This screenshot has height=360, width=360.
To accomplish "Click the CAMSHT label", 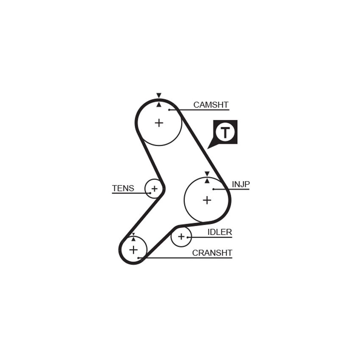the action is (x=211, y=105).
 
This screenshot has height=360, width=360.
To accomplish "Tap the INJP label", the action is (x=241, y=184).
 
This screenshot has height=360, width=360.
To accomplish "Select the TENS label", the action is (x=123, y=188).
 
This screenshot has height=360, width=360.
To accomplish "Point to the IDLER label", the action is (x=220, y=232).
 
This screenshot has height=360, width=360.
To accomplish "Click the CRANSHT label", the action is (x=212, y=253).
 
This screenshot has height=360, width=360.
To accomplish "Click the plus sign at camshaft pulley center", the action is (x=159, y=123).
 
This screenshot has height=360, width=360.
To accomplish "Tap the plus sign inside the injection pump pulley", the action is (x=207, y=200).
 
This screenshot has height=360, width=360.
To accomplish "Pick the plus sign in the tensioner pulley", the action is (x=154, y=189).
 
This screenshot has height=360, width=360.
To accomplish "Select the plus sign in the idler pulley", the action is (x=181, y=236).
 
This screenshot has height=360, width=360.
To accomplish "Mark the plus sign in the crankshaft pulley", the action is (x=133, y=250).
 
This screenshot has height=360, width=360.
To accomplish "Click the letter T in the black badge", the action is (x=225, y=132).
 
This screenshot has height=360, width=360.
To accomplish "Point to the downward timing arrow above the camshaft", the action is (x=159, y=95).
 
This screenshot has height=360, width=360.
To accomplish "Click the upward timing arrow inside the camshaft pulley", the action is (x=159, y=105).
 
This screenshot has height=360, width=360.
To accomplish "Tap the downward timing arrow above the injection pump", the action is (x=207, y=174).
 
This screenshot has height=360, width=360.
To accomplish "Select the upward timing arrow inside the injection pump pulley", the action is (x=207, y=181).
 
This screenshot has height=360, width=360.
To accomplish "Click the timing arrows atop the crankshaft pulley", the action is (x=133, y=237).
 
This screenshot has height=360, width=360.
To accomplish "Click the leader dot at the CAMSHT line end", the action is (x=169, y=110).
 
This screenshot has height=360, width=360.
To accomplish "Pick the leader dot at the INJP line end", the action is (x=213, y=189).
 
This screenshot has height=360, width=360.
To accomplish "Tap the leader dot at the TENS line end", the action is (x=150, y=193).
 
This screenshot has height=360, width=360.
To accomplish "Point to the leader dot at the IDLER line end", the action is (x=188, y=237).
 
